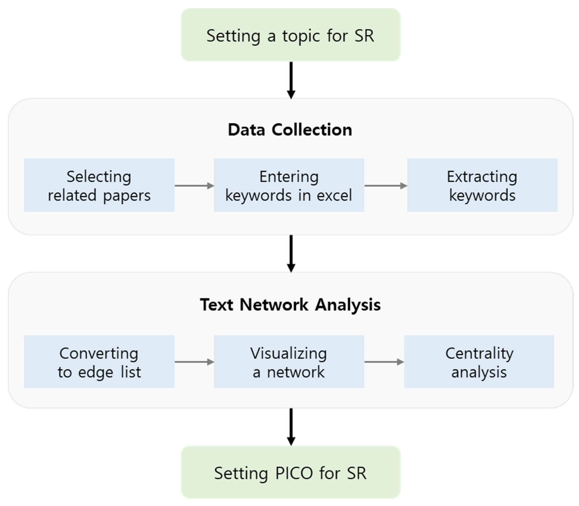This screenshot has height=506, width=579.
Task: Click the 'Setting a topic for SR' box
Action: (291, 35)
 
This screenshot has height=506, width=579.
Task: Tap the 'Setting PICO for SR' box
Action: (291, 473)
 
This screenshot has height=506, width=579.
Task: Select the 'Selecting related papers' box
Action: (99, 185)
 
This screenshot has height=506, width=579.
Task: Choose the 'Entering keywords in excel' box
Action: (288, 185)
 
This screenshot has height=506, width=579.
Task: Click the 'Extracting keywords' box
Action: (482, 185)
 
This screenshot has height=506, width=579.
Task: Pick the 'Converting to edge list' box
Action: (99, 362)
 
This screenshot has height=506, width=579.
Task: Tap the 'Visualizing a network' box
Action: (288, 362)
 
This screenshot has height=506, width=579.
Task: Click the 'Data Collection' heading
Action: (290, 130)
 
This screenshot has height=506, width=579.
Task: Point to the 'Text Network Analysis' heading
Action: (290, 305)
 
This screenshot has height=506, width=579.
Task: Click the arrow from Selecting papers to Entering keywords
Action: (194, 186)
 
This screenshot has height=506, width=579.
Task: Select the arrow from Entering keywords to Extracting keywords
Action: (385, 186)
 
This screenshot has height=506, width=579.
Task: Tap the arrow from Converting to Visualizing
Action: (194, 362)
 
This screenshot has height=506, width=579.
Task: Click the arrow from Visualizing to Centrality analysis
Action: (384, 362)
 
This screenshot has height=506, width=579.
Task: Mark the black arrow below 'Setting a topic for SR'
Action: (291, 80)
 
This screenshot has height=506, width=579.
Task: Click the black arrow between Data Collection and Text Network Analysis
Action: (291, 253)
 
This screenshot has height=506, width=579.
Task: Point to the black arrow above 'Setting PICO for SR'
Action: (291, 427)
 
